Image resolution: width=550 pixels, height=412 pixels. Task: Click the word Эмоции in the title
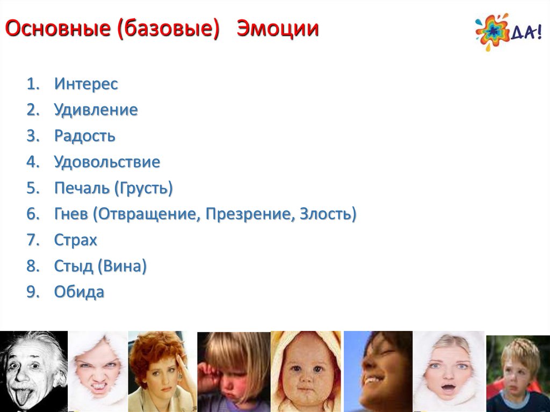tap(278, 28)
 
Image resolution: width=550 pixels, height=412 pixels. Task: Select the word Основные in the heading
tap(58, 28)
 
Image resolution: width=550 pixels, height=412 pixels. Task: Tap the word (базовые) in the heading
tap(168, 29)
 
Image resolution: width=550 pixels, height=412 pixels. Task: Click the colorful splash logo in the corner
tap(492, 32)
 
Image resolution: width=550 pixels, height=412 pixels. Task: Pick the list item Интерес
tap(86, 83)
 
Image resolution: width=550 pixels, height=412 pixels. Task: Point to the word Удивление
tap(96, 110)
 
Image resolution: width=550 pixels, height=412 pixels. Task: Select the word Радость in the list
tap(84, 136)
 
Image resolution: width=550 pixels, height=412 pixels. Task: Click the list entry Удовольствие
tap(107, 162)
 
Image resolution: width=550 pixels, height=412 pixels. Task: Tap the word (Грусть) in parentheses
tap(143, 188)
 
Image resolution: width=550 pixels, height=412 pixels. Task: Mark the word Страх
tap(75, 240)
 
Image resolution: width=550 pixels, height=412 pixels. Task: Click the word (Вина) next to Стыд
tap(122, 266)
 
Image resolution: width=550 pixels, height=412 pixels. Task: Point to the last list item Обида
tap(79, 292)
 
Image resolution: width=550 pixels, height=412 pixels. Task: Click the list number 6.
tap(33, 214)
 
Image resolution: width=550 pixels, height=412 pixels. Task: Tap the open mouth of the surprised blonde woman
tap(448, 388)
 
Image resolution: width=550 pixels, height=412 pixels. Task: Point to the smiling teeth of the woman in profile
tap(371, 380)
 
